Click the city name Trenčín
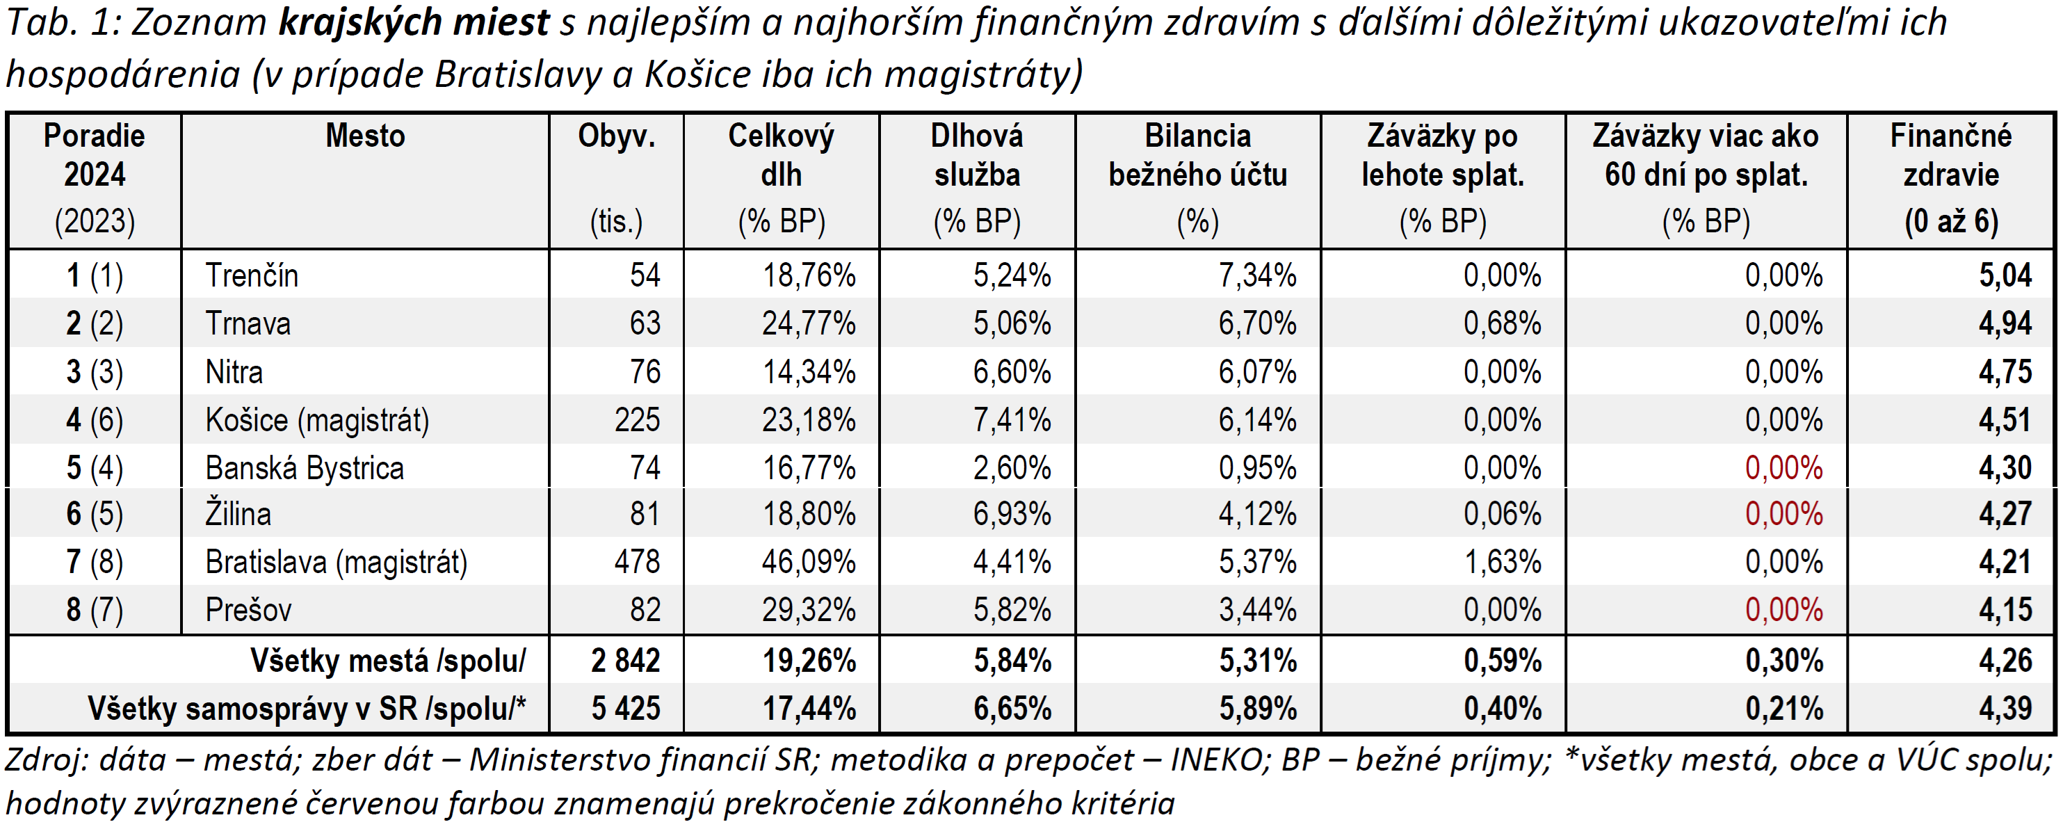tap(252, 275)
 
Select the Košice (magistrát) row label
tap(317, 419)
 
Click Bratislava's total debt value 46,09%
tap(808, 561)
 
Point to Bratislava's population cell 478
tap(637, 561)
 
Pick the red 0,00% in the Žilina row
tap(1783, 513)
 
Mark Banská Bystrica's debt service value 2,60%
tap(1012, 468)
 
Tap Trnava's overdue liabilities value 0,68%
tap(1502, 323)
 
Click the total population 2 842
tap(626, 661)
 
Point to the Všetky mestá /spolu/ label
tap(387, 661)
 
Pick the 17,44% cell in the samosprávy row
tap(808, 709)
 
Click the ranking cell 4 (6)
tap(95, 419)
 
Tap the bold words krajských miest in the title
tap(413, 22)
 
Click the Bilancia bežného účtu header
tap(1197, 155)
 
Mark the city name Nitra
tap(234, 371)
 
